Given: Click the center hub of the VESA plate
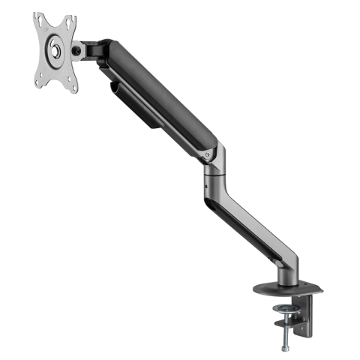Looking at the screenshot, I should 55,52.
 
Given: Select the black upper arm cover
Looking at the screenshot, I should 161,94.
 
